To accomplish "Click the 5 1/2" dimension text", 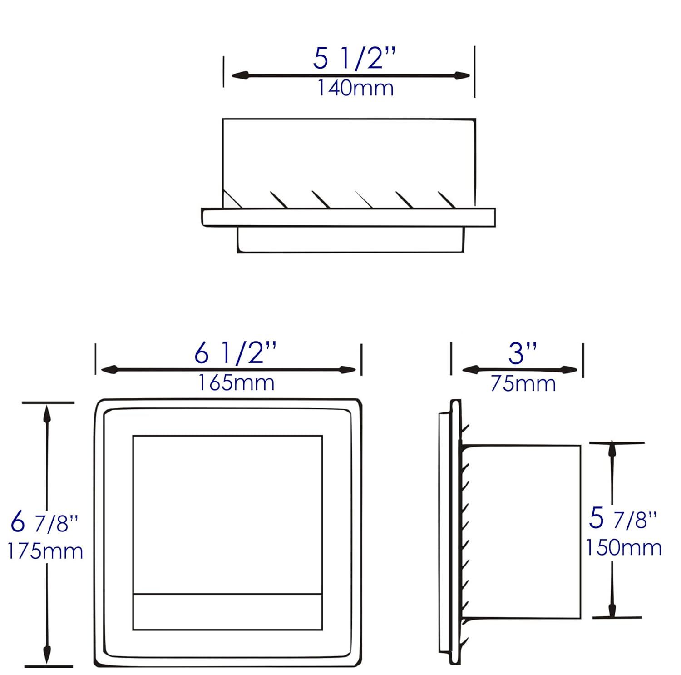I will pyautogui.click(x=355, y=59).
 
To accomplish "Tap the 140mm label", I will pyautogui.click(x=355, y=88).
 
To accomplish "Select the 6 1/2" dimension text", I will pyautogui.click(x=235, y=353).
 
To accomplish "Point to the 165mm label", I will pyautogui.click(x=236, y=382).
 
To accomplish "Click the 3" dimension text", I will pyautogui.click(x=523, y=353).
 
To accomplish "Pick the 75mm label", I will pyautogui.click(x=523, y=384).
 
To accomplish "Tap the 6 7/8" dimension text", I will pyautogui.click(x=44, y=523).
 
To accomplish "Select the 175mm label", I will pyautogui.click(x=45, y=551).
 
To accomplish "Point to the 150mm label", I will pyautogui.click(x=623, y=547).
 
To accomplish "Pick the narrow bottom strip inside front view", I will pyautogui.click(x=227, y=611).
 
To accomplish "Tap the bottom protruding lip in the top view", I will pyautogui.click(x=350, y=240).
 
